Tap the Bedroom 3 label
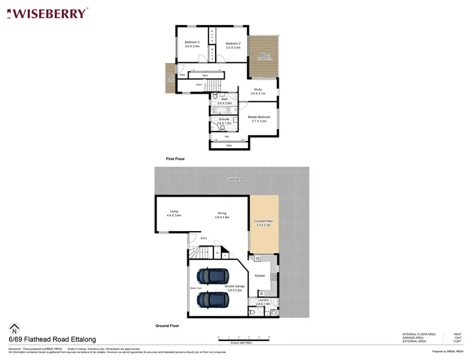[192, 43]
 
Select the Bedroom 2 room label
[233, 43]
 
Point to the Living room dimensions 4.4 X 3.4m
[174, 215]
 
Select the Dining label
[222, 212]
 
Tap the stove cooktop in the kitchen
[274, 277]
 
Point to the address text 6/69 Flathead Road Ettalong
[52, 339]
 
